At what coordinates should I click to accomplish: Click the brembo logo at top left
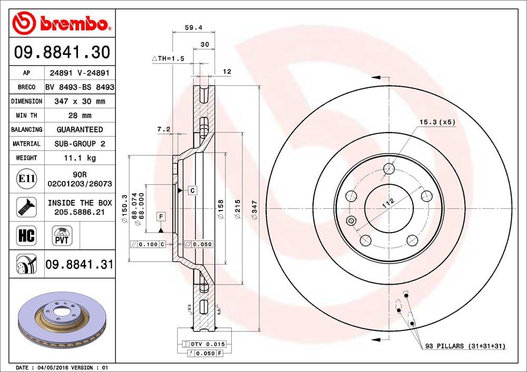62,23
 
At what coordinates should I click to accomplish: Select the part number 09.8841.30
62,53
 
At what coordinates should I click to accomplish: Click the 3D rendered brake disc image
62,321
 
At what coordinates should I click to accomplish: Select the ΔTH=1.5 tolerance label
168,59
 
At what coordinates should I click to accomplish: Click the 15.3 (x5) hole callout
437,122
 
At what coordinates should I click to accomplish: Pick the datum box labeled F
160,216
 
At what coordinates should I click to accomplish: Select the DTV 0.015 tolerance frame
203,344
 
